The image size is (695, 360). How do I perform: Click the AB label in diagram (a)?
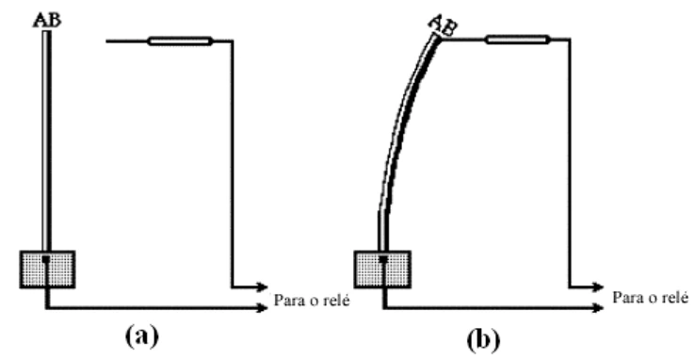coord(47,21)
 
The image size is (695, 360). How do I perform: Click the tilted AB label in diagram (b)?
coord(444,25)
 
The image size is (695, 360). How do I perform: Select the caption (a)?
coord(142,336)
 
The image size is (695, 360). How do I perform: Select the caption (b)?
coord(483,339)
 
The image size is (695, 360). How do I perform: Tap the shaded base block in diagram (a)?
coord(47,270)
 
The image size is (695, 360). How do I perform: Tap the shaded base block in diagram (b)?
coord(382,270)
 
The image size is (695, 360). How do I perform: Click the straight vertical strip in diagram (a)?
coord(46,141)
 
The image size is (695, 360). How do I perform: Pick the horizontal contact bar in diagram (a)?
coord(180,41)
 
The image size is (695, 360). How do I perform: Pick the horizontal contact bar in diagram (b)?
coord(517,40)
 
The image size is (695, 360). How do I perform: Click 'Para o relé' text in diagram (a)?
coord(312,301)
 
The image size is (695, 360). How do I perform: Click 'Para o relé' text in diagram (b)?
coord(650,298)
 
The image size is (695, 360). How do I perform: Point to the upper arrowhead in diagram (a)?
coord(263,287)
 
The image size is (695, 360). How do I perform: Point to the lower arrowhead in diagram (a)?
coord(263,307)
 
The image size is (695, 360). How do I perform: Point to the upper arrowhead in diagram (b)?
coord(598,287)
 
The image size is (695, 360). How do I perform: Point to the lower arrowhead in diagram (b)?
coord(598,307)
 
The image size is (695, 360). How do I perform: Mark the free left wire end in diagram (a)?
coord(106,41)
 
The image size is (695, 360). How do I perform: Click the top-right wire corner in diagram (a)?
coord(233,41)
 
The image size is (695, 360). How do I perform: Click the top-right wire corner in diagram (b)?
coord(570,40)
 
